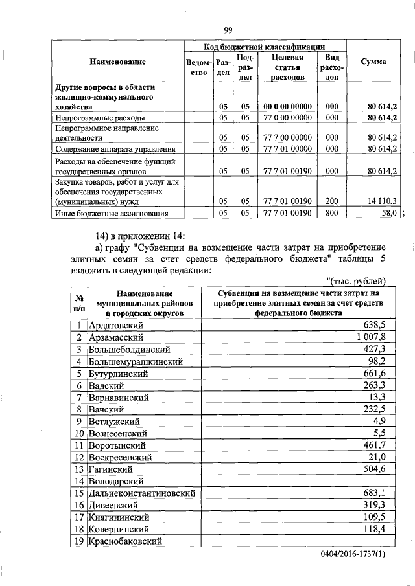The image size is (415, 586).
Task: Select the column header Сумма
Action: point(373,62)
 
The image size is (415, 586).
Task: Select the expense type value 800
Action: point(332,212)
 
